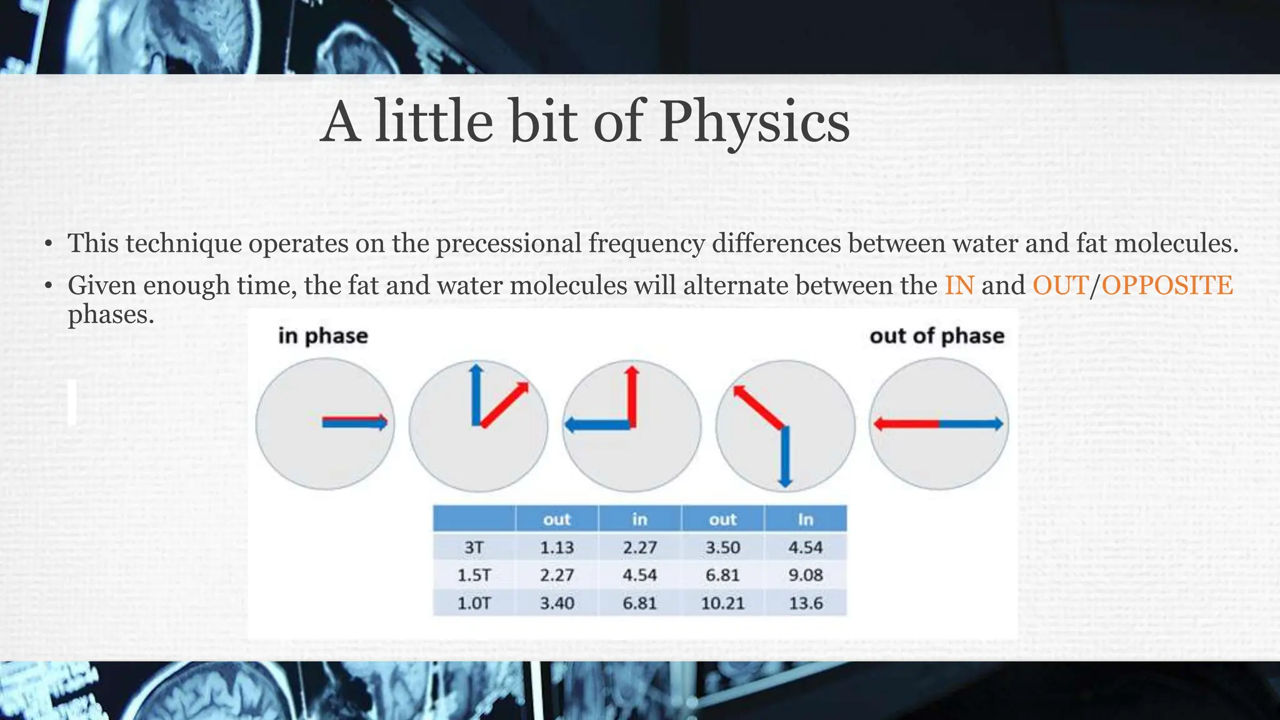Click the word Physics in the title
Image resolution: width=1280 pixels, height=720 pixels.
point(754,122)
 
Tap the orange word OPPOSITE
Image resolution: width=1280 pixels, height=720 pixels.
point(1167,286)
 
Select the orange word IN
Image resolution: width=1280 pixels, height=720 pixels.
point(959,286)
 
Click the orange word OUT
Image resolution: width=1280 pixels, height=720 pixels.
point(1060,286)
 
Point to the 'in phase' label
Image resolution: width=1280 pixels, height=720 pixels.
point(323,336)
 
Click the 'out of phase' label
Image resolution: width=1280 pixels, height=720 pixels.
point(936,336)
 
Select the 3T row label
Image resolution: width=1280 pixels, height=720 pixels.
point(474,547)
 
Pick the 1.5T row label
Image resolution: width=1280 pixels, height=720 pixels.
point(474,575)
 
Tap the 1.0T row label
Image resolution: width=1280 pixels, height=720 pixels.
point(474,603)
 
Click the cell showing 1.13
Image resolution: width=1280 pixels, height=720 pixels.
point(556,547)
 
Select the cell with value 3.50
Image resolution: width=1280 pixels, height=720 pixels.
point(722,547)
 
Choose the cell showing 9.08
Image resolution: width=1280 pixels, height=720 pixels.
point(805,575)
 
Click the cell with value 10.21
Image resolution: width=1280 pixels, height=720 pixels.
point(722,603)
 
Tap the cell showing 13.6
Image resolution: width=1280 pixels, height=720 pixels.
point(805,603)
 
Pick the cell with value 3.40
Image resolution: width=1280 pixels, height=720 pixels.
point(556,603)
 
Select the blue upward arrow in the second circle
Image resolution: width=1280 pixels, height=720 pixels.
point(476,394)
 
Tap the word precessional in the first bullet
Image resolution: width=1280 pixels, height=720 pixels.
point(508,243)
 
